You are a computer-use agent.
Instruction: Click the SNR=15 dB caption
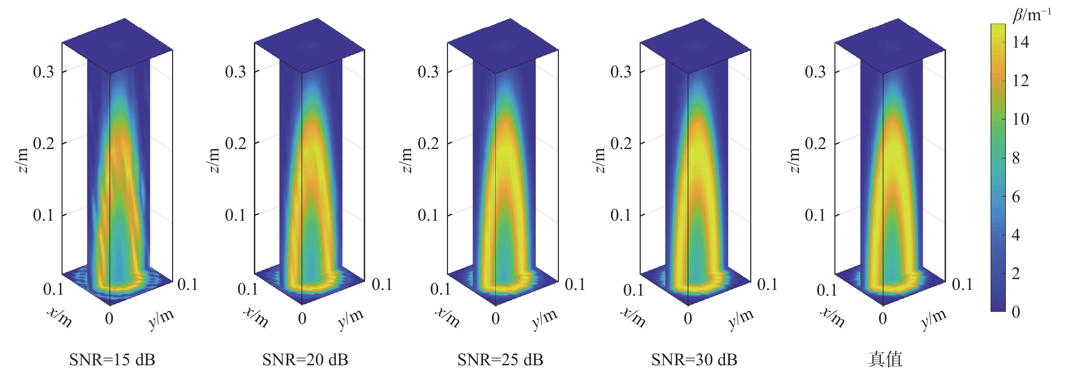[112, 360]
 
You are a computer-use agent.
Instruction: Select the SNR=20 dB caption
[305, 360]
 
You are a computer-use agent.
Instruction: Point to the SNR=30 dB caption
[694, 360]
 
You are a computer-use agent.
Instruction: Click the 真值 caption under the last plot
[885, 360]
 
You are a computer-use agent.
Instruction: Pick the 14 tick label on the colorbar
[1020, 42]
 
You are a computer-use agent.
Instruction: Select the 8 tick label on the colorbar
[1016, 158]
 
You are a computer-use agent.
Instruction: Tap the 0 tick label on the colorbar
[1016, 312]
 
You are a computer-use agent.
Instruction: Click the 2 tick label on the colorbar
[1016, 273]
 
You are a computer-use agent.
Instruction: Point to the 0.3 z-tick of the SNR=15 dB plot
[43, 72]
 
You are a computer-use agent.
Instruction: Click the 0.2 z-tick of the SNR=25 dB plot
[428, 143]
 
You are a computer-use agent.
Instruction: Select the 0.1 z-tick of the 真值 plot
[815, 215]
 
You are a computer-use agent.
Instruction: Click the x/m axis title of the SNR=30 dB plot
[633, 317]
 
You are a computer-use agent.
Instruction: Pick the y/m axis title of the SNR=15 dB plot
[161, 319]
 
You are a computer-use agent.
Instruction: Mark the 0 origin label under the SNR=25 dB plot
[495, 319]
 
